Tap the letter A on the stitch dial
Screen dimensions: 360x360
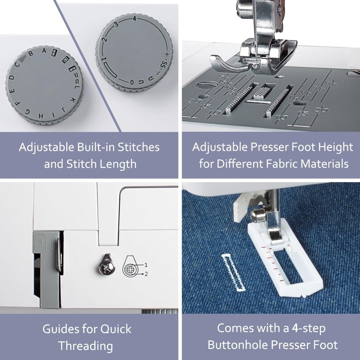click(44, 51)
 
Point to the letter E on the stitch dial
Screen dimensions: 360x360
click(13, 91)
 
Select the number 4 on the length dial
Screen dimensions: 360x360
click(135, 18)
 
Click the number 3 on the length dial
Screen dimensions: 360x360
click(117, 24)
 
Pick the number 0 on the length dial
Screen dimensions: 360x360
click(132, 82)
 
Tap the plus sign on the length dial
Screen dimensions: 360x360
click(167, 54)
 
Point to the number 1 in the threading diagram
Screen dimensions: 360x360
click(146, 265)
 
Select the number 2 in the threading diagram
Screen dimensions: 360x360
click(146, 274)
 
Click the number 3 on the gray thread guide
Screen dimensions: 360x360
click(41, 243)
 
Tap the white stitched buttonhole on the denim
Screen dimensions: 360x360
click(233, 272)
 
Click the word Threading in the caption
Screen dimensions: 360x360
click(85, 346)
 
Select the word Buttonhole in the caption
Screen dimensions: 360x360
click(238, 345)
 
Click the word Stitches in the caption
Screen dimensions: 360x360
click(139, 147)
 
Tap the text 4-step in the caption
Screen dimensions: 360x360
click(309, 328)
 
